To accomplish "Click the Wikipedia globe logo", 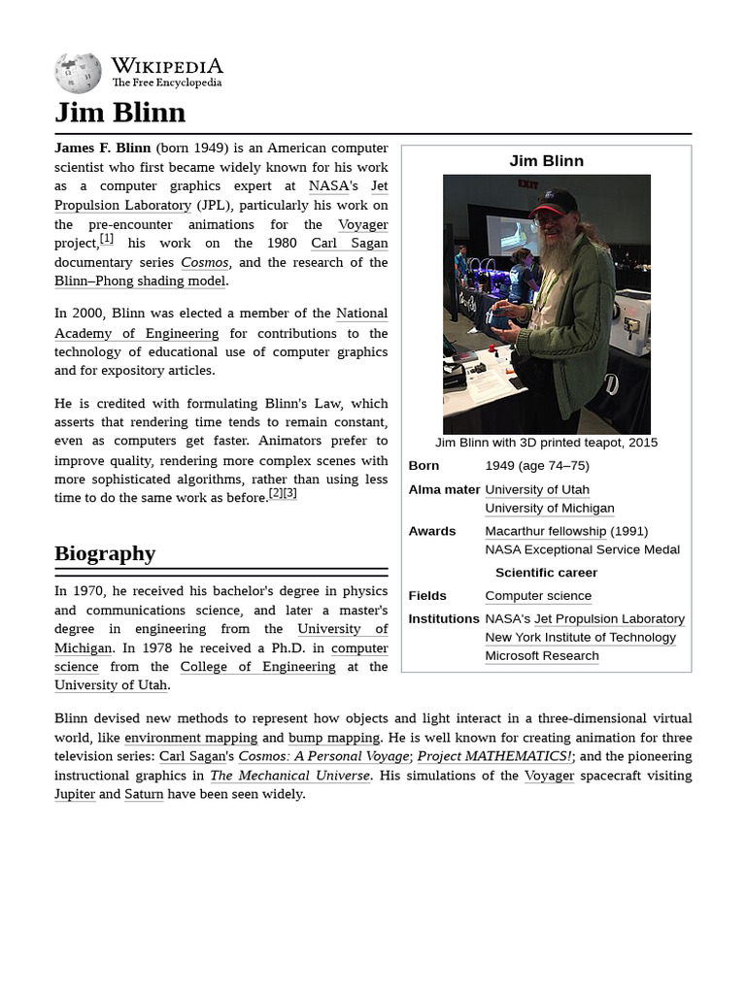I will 78,74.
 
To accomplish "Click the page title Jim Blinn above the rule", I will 119,113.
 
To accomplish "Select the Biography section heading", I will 105,553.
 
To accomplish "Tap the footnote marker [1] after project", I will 107,239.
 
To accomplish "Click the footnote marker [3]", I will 289,493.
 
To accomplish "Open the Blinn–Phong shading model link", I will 140,281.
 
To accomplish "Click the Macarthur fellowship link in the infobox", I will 545,531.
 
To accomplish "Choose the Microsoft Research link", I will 541,655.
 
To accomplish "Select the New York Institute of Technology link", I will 580,637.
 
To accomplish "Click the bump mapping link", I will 334,738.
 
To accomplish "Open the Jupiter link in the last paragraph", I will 75,794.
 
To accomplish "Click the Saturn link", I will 144,794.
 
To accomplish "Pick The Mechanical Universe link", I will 289,776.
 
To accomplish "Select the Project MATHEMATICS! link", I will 494,756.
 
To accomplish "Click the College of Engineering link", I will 257,667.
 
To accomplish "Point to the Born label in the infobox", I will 424,465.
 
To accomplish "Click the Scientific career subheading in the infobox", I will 546,573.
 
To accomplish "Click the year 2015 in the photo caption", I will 643,442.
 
